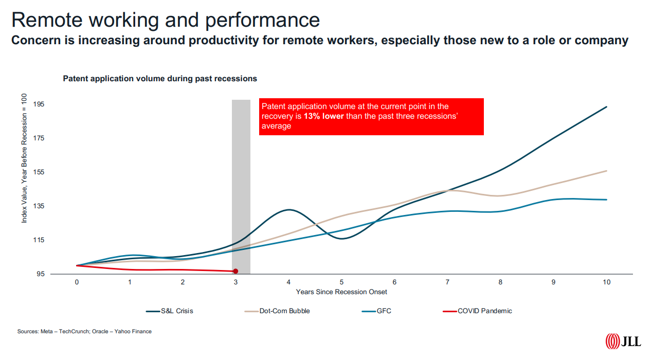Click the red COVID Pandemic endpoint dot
tap(236, 271)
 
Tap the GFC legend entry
tap(383, 311)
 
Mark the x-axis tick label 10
tap(607, 282)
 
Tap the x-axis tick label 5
tap(341, 282)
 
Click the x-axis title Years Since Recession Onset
tap(341, 292)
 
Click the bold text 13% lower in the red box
tap(323, 116)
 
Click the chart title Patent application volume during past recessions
tap(160, 79)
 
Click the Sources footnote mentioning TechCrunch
tap(84, 331)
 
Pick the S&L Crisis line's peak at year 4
tap(289, 210)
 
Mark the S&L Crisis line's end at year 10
tap(607, 107)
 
